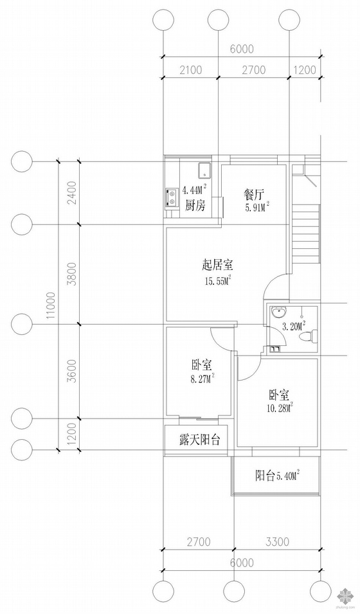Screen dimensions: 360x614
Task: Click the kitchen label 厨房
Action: click(x=195, y=205)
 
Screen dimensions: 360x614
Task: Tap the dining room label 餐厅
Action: click(x=253, y=194)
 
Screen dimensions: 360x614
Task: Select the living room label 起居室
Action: click(x=217, y=266)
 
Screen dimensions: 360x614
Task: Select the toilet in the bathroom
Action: click(x=308, y=336)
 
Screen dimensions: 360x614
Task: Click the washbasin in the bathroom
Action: click(x=278, y=312)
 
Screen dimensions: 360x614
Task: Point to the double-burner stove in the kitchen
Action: click(x=171, y=197)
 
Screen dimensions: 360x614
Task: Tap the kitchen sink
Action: click(x=204, y=170)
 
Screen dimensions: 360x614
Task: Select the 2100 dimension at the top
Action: click(x=191, y=70)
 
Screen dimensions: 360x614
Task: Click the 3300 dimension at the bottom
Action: click(x=277, y=542)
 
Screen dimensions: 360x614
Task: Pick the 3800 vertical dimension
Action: click(x=73, y=274)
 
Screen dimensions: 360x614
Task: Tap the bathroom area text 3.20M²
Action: click(x=293, y=325)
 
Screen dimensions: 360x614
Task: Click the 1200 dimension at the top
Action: click(x=304, y=70)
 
